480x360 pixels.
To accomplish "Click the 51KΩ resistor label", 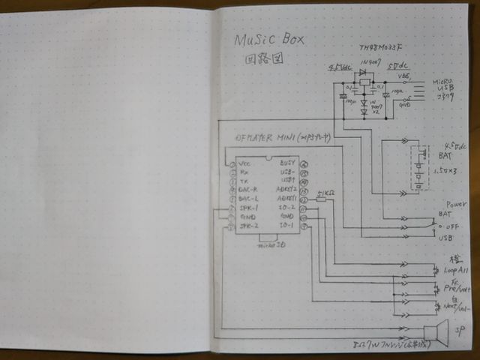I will tap(326, 195).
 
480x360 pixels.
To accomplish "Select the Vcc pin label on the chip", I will tap(244, 163).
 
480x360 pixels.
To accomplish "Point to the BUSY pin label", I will tap(286, 163).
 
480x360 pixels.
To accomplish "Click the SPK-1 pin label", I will tap(249, 208).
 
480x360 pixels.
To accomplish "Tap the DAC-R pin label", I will tap(249, 190).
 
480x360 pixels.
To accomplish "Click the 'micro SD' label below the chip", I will tap(268, 244).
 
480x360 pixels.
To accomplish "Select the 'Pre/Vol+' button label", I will tap(456, 287).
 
